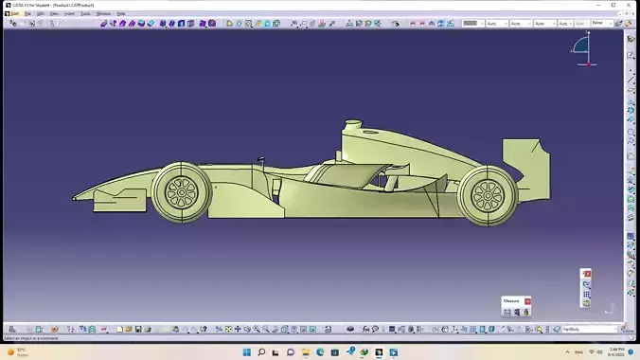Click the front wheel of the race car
[x=180, y=192]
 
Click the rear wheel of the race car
[x=487, y=194]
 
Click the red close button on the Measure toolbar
[x=527, y=301]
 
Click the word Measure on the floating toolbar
[x=512, y=301]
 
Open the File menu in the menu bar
[x=27, y=13]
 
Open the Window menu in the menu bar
[x=104, y=13]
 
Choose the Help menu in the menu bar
[x=121, y=13]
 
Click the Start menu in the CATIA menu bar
[x=13, y=13]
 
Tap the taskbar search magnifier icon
[x=261, y=351]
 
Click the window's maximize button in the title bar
[x=612, y=4]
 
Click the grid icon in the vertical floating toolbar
[x=587, y=294]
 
